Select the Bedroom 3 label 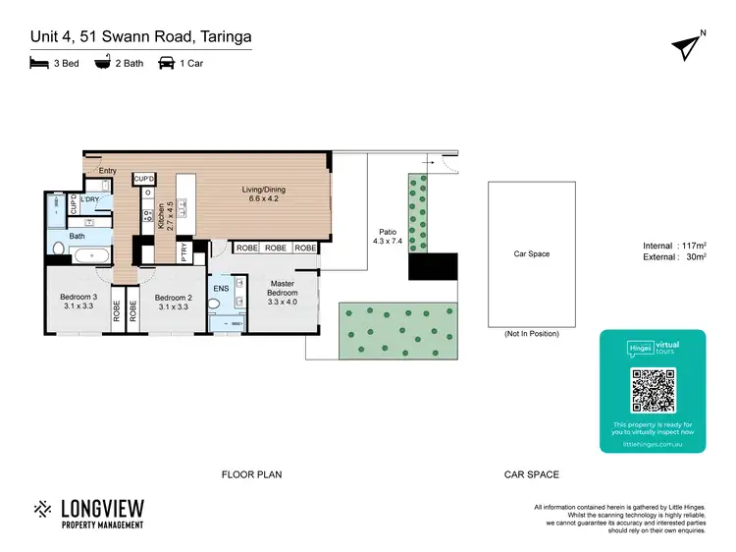tap(78, 302)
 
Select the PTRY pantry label tap(184, 252)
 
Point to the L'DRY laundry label tap(91, 200)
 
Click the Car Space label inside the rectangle tap(532, 254)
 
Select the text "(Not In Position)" tap(531, 334)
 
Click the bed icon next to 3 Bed tap(38, 63)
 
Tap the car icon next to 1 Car tap(167, 63)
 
